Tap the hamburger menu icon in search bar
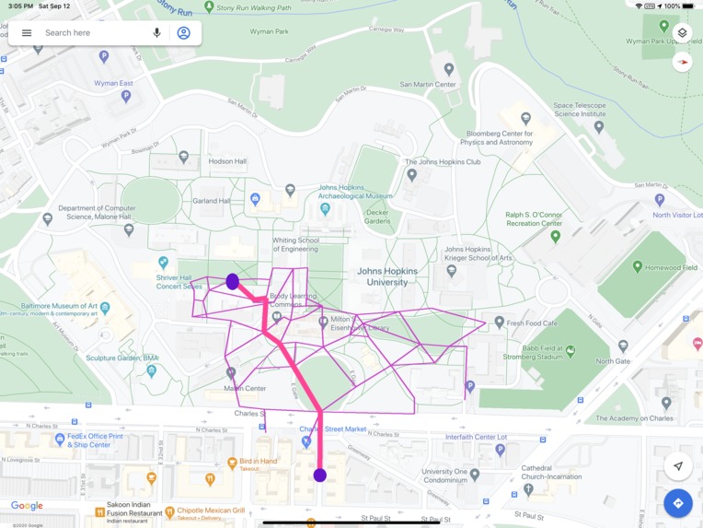pyautogui.click(x=27, y=33)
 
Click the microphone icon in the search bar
pyautogui.click(x=156, y=33)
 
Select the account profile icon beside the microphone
pyautogui.click(x=183, y=33)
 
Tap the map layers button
pyautogui.click(x=682, y=32)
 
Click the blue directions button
pyautogui.click(x=678, y=503)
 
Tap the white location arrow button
pyautogui.click(x=678, y=466)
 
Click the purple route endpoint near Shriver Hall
pyautogui.click(x=233, y=282)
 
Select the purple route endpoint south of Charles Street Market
pyautogui.click(x=319, y=475)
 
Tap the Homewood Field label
pyautogui.click(x=671, y=268)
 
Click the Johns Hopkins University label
pyautogui.click(x=387, y=276)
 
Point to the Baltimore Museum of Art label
pyautogui.click(x=61, y=306)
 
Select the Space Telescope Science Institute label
pyautogui.click(x=579, y=110)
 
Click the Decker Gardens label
pyautogui.click(x=377, y=217)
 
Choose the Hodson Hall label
pyautogui.click(x=227, y=161)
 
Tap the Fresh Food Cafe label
pyautogui.click(x=532, y=323)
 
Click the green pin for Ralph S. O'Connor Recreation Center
pyautogui.click(x=555, y=237)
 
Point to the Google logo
pyautogui.click(x=27, y=506)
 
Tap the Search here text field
pyautogui.click(x=92, y=33)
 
